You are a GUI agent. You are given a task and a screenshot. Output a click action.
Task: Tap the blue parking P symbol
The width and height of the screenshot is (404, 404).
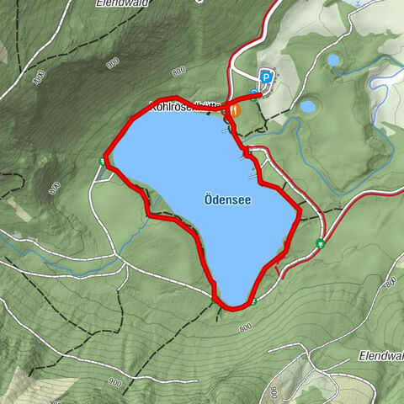tap(266, 77)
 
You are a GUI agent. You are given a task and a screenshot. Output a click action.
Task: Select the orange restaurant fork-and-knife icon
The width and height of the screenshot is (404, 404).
tap(234, 109)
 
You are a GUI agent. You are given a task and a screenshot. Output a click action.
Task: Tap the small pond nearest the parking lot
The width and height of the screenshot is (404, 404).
tap(308, 107)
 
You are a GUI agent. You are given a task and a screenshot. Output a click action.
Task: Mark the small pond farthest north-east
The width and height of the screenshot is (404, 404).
tap(334, 61)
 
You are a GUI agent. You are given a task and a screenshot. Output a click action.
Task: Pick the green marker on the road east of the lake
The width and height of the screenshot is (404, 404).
tap(320, 243)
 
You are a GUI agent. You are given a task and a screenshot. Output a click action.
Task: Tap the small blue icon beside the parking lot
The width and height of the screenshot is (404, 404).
tap(253, 93)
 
